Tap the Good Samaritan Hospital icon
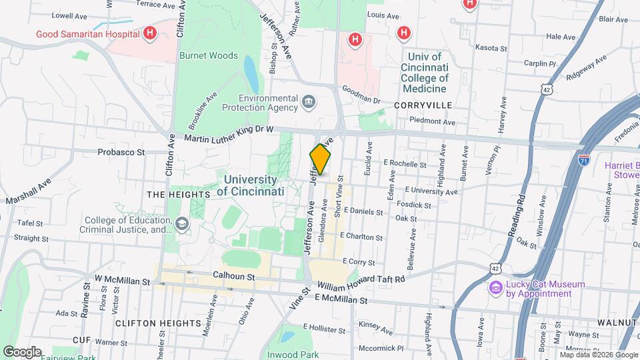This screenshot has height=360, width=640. click(151, 33)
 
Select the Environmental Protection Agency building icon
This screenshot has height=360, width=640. click(308, 101)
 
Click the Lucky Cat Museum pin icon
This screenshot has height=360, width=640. click(495, 288)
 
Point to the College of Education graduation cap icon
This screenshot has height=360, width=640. click(181, 225)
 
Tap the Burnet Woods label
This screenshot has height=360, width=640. click(208, 56)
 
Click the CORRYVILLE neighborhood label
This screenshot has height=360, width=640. click(423, 105)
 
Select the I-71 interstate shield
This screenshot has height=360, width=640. click(583, 161)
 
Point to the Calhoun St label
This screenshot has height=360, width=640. click(234, 275)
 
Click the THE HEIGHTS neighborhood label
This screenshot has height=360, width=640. click(178, 194)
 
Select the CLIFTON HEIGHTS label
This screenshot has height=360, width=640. click(149, 323)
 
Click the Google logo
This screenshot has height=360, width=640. click(22, 351)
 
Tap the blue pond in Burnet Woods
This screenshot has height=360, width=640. click(251, 73)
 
